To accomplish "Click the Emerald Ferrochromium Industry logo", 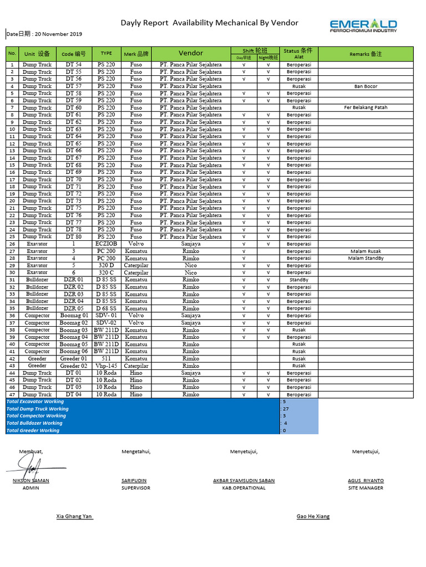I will pos(363,25).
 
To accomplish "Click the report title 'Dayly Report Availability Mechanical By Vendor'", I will pos(210,23).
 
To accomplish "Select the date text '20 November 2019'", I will pos(58,34).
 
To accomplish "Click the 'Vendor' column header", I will pos(191,53).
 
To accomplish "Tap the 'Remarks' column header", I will pos(366,54).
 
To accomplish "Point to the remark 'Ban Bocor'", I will pos(366,86).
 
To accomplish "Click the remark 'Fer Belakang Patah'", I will pos(366,107).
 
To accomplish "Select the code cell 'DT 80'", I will pos(74,236).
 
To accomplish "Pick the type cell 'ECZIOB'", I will pos(106,244).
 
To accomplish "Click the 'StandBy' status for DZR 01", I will pos(299,280).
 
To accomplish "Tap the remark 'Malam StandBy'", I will pos(366,258).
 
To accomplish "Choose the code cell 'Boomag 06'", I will pos(74,351).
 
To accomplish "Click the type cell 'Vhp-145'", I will pos(106,365).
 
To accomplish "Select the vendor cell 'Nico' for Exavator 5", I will pos(191,265).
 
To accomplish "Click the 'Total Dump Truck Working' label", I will pos(37,409).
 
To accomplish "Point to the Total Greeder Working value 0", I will pos(285,430).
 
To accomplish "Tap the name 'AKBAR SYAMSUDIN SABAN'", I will pos(244,481).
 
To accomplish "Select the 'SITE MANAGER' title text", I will pos(366,488).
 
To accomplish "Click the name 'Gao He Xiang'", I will pos(313,516).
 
